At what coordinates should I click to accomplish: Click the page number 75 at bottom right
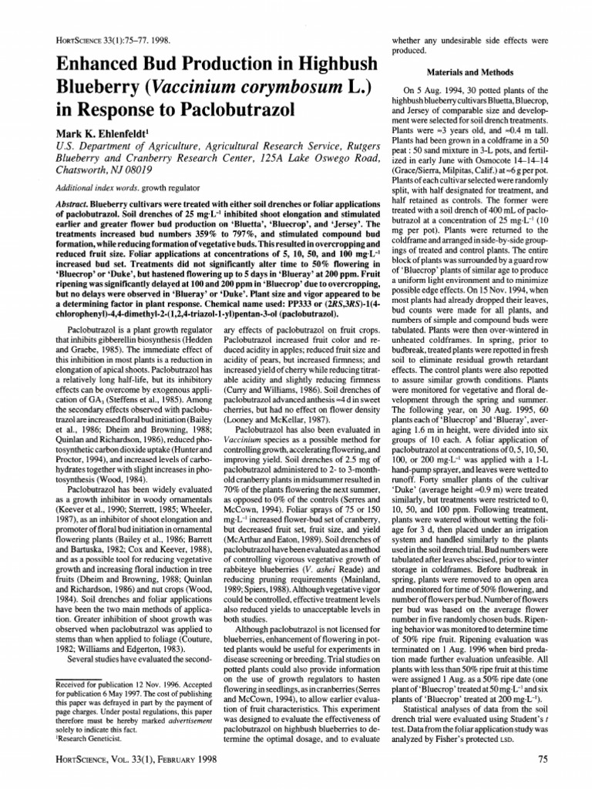(542, 758)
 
